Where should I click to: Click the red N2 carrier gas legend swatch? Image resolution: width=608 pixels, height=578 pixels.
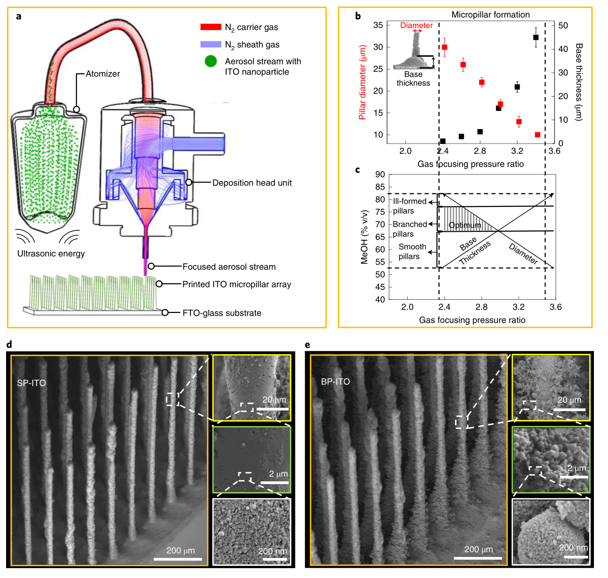211,27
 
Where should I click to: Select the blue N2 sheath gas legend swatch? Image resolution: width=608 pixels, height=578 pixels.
211,44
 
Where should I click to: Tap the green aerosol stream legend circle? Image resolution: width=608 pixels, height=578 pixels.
211,61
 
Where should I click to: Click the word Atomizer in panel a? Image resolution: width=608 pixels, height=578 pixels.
103,74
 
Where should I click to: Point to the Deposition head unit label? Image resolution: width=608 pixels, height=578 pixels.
252,183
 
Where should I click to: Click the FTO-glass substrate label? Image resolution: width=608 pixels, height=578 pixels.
222,313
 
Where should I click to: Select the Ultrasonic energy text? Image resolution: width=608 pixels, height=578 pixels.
51,253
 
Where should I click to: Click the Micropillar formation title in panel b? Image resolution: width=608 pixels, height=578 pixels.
490,15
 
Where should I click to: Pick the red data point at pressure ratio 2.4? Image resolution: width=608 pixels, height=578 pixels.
444,47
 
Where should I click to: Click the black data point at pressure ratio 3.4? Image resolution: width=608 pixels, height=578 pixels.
536,38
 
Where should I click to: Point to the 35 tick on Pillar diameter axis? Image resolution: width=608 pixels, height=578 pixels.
378,25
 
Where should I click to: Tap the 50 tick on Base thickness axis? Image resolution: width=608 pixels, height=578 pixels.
563,25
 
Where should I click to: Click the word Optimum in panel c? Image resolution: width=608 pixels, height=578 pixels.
465,225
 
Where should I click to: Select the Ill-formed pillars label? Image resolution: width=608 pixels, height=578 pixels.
409,206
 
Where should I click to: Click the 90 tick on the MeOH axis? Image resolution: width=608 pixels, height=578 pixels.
380,175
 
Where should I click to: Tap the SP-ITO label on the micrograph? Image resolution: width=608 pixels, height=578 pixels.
31,383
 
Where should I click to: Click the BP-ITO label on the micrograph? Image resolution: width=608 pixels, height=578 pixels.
335,381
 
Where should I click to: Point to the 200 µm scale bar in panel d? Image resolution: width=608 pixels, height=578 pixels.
180,559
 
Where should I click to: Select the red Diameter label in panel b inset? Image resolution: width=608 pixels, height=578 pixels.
416,25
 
